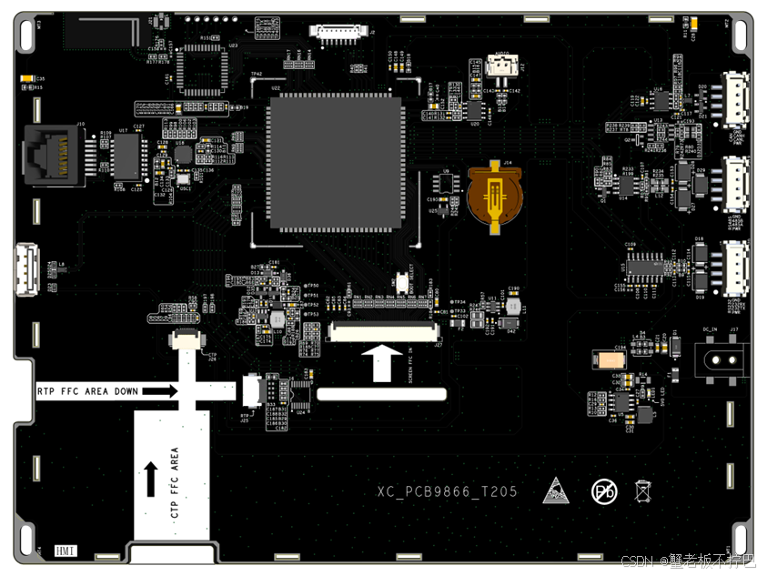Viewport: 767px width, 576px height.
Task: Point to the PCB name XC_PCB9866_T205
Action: pyautogui.click(x=448, y=491)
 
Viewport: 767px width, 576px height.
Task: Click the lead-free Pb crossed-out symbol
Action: pyautogui.click(x=604, y=492)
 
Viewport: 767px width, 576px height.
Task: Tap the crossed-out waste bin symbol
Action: pyautogui.click(x=641, y=491)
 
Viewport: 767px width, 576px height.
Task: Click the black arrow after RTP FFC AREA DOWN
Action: pyautogui.click(x=160, y=390)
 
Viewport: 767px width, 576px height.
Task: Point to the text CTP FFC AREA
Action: pyautogui.click(x=174, y=482)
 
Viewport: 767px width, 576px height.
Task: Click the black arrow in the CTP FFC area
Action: pyautogui.click(x=149, y=479)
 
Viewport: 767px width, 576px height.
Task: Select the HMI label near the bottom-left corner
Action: pyautogui.click(x=66, y=551)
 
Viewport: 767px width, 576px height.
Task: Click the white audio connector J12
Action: pyautogui.click(x=499, y=66)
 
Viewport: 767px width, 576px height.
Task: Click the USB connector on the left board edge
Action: pyautogui.click(x=26, y=269)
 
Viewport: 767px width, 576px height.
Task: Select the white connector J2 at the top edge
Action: pyautogui.click(x=338, y=33)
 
